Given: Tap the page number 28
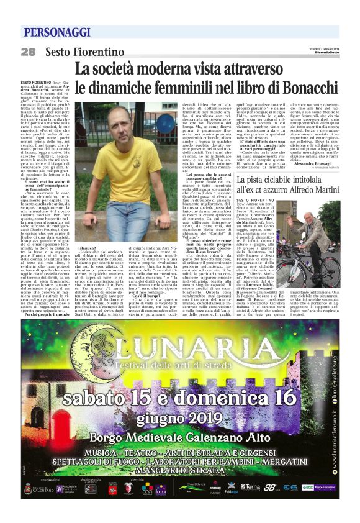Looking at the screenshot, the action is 29,52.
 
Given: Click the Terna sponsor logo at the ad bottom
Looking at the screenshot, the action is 251,487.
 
